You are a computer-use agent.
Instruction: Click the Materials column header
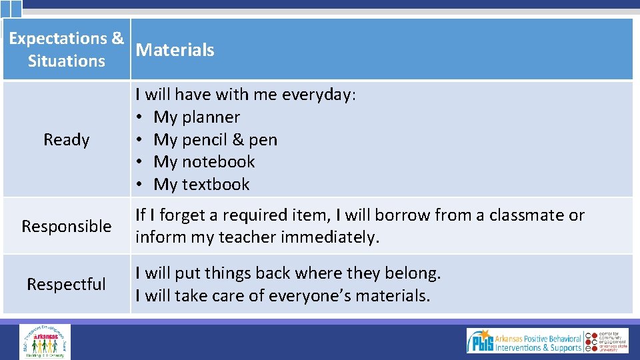click(x=175, y=50)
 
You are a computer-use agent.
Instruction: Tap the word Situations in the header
click(x=66, y=61)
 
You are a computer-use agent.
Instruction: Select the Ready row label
click(x=66, y=140)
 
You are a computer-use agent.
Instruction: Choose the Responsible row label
click(x=66, y=227)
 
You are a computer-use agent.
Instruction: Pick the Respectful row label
click(x=66, y=285)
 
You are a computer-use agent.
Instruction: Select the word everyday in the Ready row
click(x=318, y=95)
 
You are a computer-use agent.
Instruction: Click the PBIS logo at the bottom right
click(x=527, y=341)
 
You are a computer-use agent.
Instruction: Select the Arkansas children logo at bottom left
click(x=45, y=341)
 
